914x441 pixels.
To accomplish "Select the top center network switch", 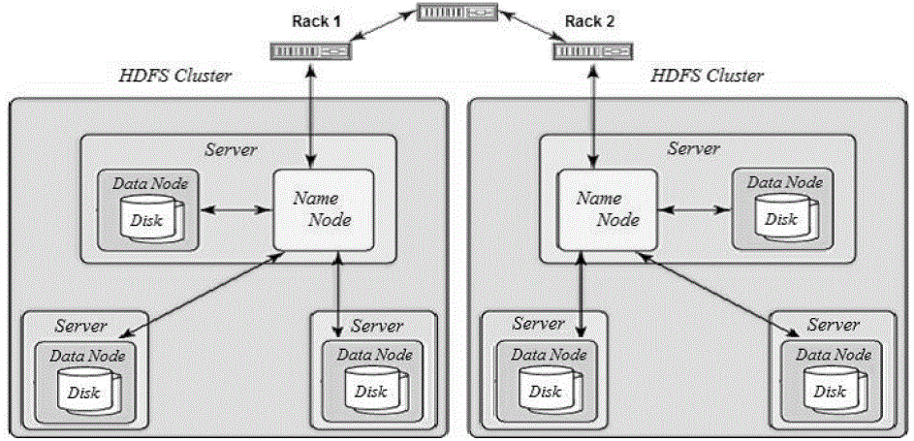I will click(457, 13).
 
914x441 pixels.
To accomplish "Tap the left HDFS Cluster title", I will click(174, 77).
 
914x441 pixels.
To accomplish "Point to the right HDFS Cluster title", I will click(707, 76).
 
